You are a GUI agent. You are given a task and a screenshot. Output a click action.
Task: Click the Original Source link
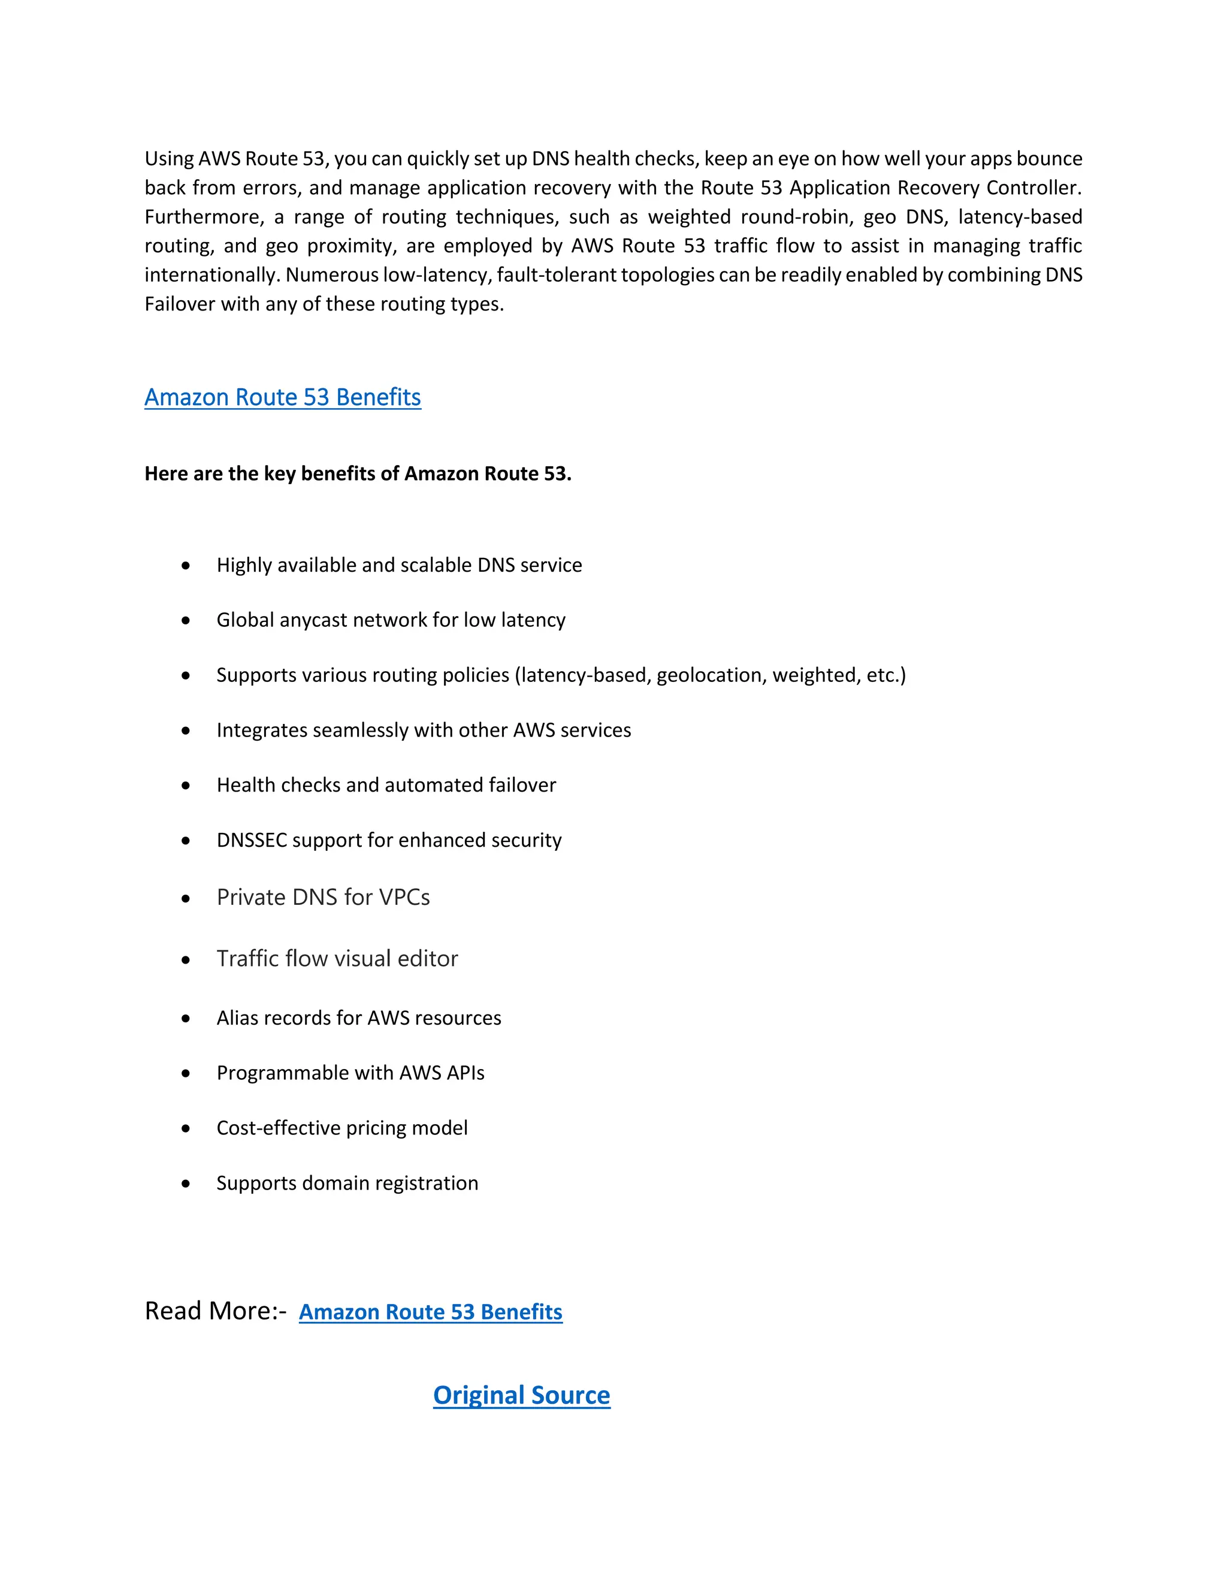[x=521, y=1394]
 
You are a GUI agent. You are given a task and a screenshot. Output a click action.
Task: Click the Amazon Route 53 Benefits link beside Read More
[x=430, y=1312]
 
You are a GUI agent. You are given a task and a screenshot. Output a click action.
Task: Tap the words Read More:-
[x=215, y=1311]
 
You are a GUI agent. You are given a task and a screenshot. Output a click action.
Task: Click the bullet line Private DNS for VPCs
[x=323, y=897]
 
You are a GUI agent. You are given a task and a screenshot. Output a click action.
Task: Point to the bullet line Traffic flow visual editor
[x=337, y=958]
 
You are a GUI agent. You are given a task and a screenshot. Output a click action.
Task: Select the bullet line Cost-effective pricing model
[x=341, y=1128]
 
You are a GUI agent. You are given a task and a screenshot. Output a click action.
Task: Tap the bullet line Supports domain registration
[x=347, y=1183]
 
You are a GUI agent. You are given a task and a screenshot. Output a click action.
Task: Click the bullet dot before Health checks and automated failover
[x=186, y=785]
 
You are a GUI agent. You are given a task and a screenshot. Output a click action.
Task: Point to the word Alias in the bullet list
[x=237, y=1018]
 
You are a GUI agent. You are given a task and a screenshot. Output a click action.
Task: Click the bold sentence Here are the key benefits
[x=358, y=474]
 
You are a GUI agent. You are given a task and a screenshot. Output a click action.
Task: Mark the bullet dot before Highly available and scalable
[x=186, y=565]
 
